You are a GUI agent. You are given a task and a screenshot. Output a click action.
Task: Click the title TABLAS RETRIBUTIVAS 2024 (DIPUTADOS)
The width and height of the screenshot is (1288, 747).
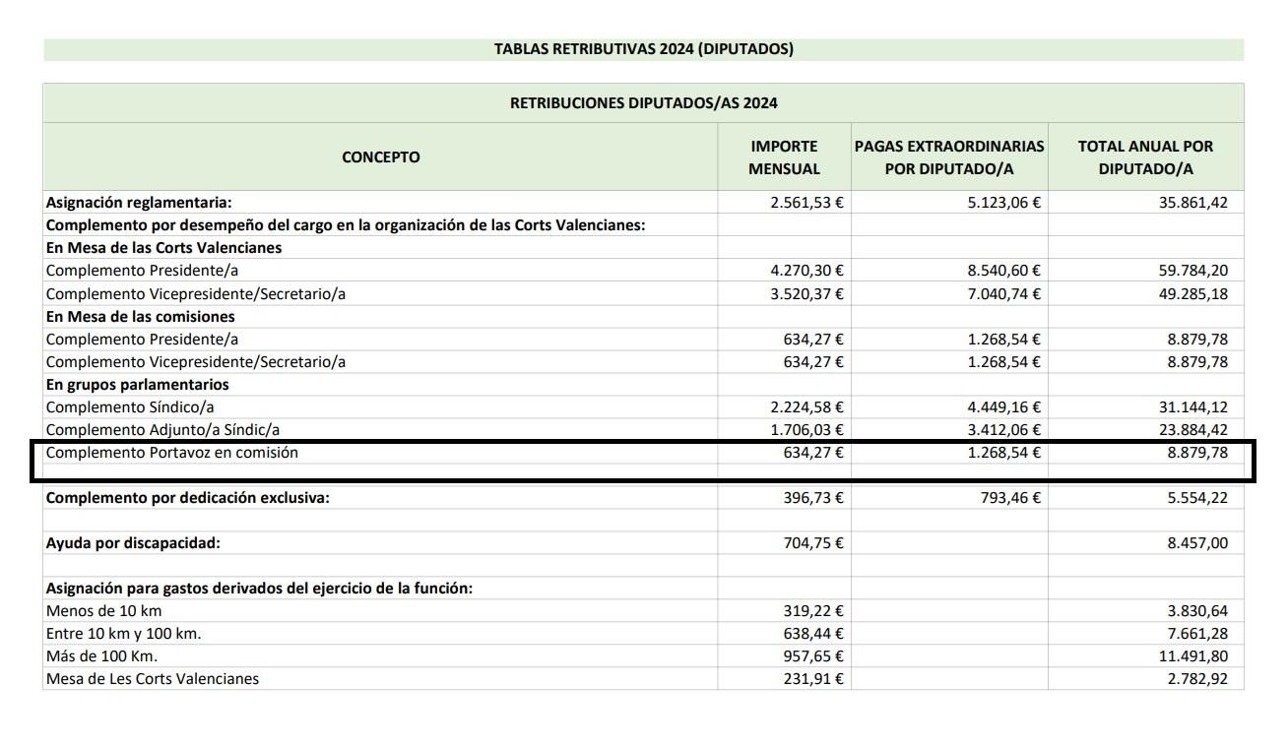[643, 49]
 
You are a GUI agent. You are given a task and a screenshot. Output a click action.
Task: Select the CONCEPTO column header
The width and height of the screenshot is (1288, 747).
[380, 157]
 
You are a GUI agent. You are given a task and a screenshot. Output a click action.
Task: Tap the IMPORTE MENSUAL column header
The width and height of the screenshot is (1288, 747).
[784, 157]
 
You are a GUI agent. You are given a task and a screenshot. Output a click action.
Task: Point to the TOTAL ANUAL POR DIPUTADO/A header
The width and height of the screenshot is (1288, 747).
[1145, 157]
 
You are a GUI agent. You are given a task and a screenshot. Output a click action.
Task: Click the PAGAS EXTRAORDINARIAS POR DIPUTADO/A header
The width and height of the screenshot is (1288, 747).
[948, 157]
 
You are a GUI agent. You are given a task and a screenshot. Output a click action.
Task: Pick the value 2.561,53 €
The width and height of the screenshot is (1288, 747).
[806, 203]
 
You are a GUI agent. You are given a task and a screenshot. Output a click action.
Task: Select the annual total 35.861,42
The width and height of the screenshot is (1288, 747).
[1192, 203]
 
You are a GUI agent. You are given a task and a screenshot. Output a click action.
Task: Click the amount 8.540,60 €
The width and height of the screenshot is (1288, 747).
[1003, 271]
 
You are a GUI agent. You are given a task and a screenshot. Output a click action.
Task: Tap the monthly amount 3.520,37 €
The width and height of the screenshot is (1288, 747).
[806, 293]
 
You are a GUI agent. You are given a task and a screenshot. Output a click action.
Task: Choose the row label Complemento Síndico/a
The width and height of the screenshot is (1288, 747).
[130, 407]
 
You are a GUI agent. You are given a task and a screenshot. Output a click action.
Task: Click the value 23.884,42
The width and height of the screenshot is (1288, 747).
[1192, 430]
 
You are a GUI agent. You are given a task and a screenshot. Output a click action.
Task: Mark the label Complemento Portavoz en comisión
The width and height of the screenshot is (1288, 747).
[171, 453]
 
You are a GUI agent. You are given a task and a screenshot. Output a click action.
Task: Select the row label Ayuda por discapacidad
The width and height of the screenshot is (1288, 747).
[133, 543]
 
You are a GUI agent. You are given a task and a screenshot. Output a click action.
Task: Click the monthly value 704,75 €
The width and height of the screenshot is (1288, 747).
[813, 543]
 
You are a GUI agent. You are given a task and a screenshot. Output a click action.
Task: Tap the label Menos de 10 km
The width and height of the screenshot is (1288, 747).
[103, 611]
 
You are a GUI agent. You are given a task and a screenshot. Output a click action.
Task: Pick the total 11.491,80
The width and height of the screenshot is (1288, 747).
[1192, 656]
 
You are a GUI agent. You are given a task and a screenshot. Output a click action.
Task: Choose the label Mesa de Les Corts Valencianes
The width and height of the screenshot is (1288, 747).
[153, 679]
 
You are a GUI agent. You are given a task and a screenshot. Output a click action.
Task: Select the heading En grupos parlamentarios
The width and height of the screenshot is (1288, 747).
[137, 385]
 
